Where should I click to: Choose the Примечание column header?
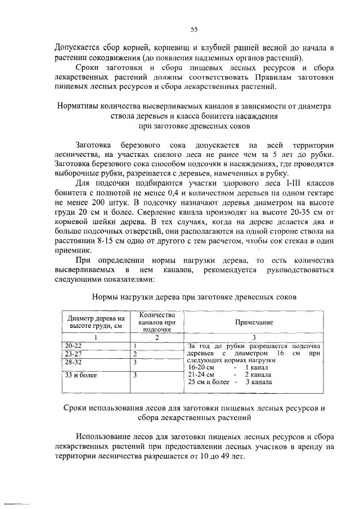click(x=254, y=322)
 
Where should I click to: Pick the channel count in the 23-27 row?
click(x=136, y=354)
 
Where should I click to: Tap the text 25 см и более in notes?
click(x=209, y=382)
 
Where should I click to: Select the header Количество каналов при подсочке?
click(x=157, y=322)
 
